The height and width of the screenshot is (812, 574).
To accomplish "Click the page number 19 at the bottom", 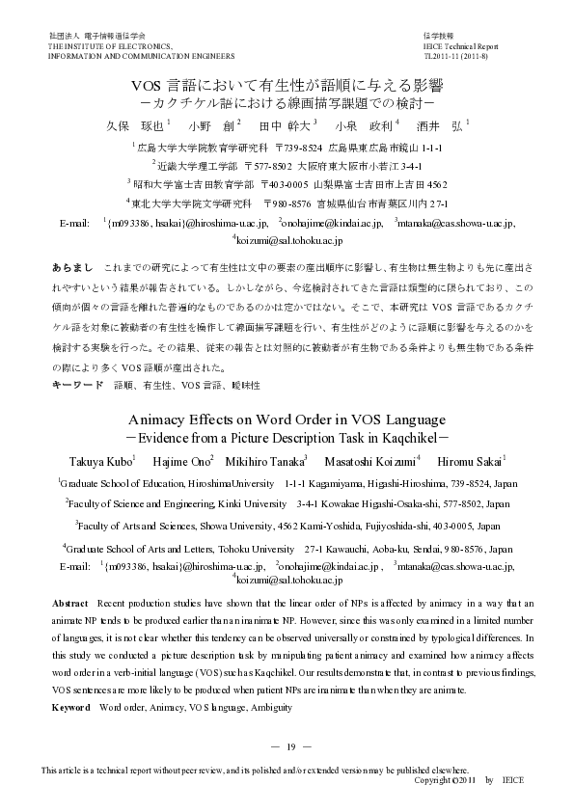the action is (x=287, y=746).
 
